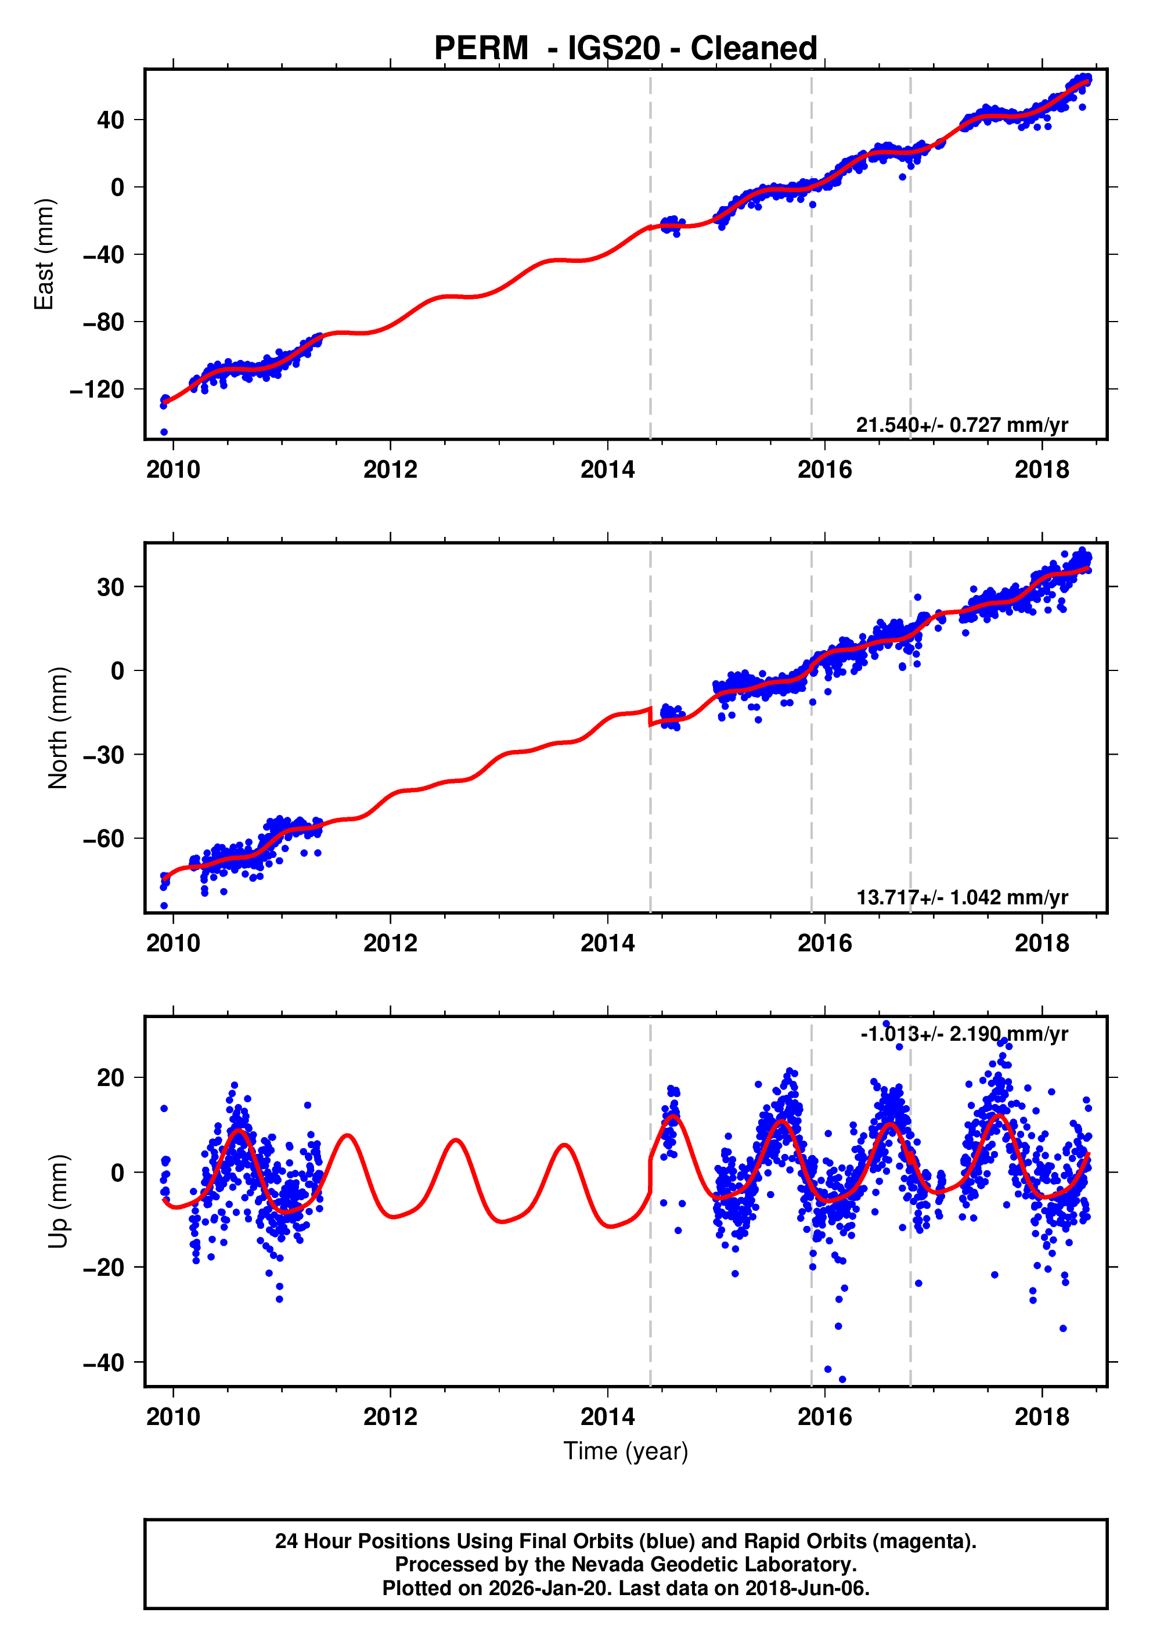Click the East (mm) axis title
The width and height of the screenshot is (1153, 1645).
pos(45,254)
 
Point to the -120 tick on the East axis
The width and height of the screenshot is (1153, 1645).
pos(97,389)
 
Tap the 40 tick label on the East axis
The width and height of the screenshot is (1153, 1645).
pos(110,120)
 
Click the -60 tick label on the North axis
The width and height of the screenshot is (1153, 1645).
pos(103,838)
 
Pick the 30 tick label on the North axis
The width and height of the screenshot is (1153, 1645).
pos(110,587)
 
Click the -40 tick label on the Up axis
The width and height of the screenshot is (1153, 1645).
pos(103,1363)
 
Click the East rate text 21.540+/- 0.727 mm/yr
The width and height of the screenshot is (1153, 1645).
pos(961,425)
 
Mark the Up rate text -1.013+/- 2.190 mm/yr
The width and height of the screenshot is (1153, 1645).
pos(964,1034)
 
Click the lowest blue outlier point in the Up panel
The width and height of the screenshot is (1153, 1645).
pos(842,1379)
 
